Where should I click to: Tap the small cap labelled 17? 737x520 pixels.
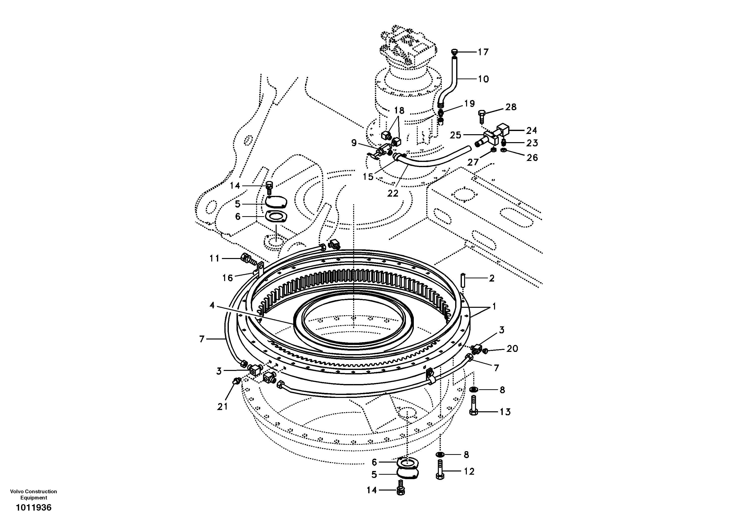point(454,51)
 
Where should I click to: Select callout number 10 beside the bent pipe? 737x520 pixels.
point(483,79)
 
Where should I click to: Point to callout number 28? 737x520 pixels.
point(511,107)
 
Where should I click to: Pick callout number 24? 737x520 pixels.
point(531,130)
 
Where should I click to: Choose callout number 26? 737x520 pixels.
point(532,157)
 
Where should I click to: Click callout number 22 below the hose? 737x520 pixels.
point(393,193)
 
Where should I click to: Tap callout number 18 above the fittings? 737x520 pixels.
point(399,110)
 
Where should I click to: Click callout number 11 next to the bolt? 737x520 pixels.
point(214,259)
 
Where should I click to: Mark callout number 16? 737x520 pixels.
point(227,278)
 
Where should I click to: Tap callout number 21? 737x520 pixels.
point(222,406)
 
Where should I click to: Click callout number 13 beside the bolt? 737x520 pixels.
point(505,412)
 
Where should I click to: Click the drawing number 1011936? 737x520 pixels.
point(34,507)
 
